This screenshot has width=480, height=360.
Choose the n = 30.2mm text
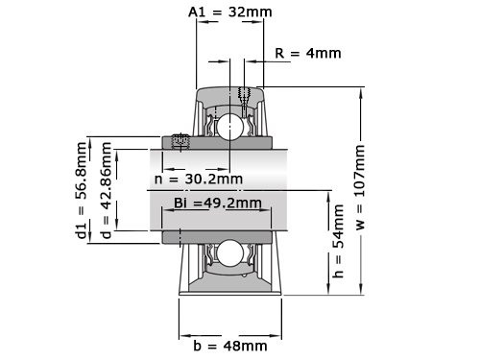(199, 179)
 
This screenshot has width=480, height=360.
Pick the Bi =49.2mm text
(217, 203)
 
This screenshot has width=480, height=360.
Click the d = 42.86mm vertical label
(106, 192)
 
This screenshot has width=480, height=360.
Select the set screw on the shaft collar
(179, 142)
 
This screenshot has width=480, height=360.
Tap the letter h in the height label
(337, 273)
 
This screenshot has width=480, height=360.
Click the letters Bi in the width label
(180, 203)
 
